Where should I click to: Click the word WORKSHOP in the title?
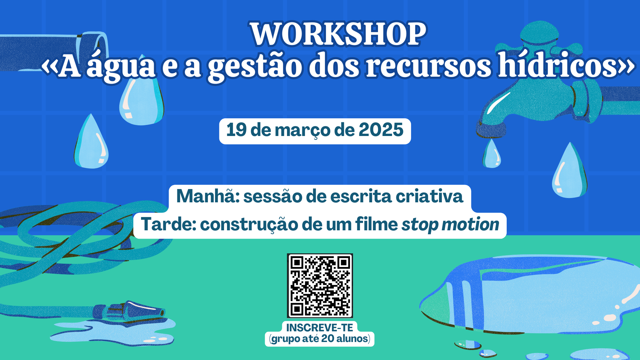[338, 34]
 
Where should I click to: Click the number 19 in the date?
[236, 130]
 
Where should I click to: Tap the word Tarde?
[168, 224]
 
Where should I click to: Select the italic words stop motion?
[450, 224]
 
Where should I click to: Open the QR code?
[320, 286]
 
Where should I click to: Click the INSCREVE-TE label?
[320, 328]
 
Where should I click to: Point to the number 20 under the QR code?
[328, 339]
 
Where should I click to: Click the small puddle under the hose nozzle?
[113, 331]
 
